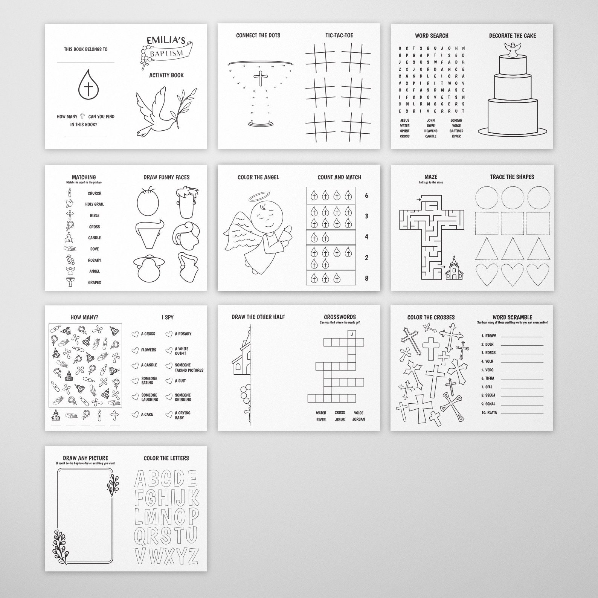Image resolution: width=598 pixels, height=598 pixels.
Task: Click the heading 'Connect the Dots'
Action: [258, 35]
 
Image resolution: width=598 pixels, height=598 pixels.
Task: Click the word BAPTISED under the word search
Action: [456, 131]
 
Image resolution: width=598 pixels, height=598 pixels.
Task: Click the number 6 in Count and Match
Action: [366, 195]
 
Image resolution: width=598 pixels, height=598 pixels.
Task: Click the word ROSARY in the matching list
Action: [95, 260]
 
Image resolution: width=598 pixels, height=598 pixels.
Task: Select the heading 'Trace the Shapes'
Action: [512, 177]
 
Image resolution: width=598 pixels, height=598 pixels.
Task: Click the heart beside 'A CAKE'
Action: [135, 414]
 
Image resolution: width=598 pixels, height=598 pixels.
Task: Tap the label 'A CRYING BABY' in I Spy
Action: [183, 415]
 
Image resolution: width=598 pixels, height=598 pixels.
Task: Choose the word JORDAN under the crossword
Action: [358, 420]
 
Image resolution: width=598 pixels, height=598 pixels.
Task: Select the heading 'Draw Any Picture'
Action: [85, 458]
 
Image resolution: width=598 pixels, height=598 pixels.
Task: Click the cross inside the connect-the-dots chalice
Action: [260, 78]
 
